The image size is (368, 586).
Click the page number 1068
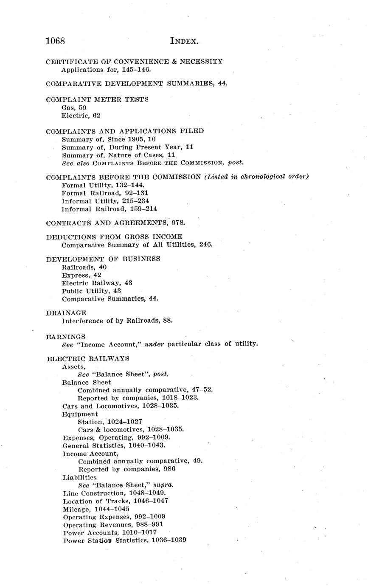point(55,41)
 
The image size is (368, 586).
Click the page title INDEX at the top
point(184,41)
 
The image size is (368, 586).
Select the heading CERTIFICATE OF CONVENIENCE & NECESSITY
point(134,62)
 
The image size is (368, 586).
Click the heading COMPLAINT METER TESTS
point(97,99)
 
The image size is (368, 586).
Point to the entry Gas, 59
point(74,107)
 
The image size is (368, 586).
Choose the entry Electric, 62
point(81,116)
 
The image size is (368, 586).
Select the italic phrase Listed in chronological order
point(256,177)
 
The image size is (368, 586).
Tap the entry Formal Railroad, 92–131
point(105,193)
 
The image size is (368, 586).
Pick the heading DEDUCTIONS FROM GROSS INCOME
point(114,237)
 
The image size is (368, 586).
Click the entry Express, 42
point(81,275)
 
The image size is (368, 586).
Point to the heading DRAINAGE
point(66,313)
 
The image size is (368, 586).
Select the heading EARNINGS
point(66,337)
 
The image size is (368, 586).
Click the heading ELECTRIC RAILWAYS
point(88,358)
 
